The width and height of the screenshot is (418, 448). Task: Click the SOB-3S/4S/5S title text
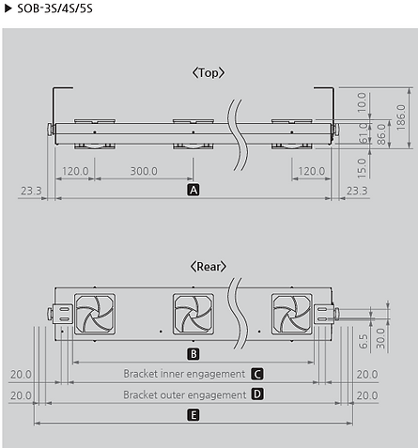[54, 8]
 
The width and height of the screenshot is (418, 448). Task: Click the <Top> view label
[209, 72]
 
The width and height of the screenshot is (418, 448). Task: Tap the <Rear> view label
[209, 267]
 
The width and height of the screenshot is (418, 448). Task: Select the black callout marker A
[194, 190]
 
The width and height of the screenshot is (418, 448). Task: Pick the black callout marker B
[194, 354]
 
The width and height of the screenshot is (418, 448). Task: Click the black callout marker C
[257, 374]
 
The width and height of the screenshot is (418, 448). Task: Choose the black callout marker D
[257, 394]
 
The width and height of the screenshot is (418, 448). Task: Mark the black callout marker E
[194, 415]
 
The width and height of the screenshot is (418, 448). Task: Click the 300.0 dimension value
[144, 171]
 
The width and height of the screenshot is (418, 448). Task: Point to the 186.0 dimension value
[401, 117]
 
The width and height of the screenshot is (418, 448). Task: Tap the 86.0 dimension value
[381, 134]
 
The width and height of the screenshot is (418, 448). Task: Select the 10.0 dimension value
[362, 102]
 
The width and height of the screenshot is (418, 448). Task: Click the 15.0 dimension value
[362, 168]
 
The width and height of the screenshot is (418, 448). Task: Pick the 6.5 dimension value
[364, 341]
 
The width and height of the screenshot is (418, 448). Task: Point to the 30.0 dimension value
[380, 338]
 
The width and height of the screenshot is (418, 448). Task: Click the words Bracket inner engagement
[184, 374]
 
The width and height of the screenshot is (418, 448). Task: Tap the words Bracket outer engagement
[185, 394]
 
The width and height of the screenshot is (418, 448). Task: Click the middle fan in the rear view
[194, 314]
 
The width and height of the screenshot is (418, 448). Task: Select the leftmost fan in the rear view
[95, 314]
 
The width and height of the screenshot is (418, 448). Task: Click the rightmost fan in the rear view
[292, 314]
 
